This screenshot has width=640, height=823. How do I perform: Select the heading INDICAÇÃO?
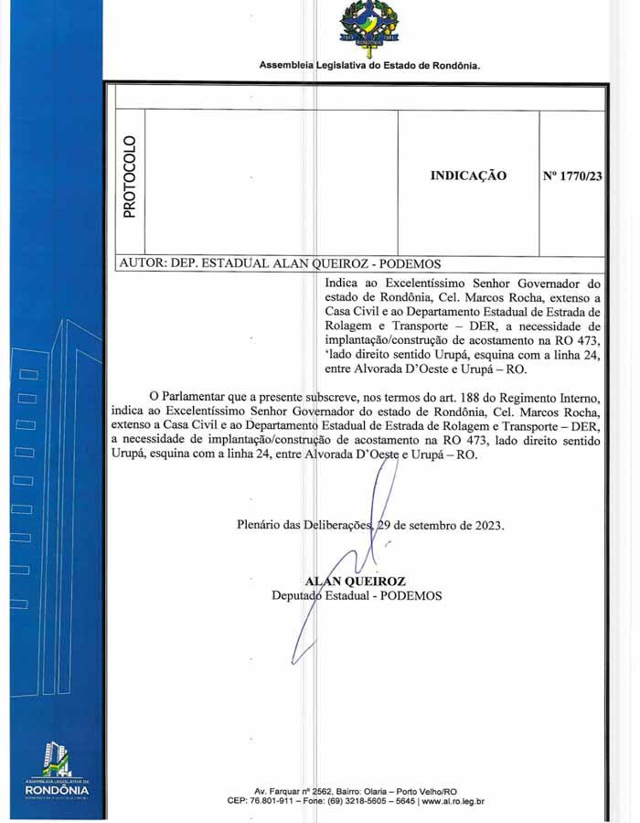(468, 176)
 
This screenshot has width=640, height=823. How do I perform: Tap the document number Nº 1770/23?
(572, 176)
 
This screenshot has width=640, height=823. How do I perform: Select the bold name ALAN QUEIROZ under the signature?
(357, 581)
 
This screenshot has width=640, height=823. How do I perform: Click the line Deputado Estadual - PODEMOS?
(357, 595)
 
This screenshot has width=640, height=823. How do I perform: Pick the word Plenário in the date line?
(259, 526)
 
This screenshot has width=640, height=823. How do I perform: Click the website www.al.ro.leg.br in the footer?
(453, 801)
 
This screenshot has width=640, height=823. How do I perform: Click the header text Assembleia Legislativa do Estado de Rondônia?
(369, 65)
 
